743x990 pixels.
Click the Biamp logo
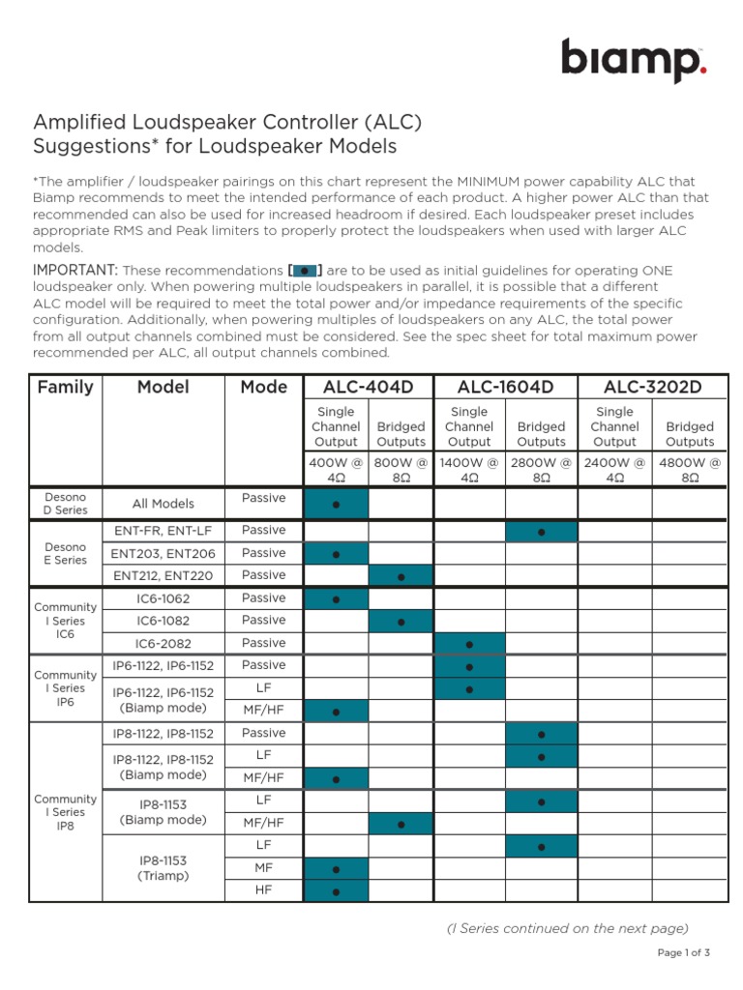[x=634, y=61]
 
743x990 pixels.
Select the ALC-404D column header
[x=368, y=387]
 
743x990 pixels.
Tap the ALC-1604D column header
[x=505, y=387]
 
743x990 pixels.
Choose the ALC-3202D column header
[x=652, y=387]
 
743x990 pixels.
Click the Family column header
[x=65, y=387]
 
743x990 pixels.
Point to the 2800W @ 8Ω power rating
[x=541, y=470]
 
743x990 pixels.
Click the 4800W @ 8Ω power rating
[x=690, y=470]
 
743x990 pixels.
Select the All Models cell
[x=163, y=504]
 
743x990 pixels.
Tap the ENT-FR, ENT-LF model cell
[x=163, y=531]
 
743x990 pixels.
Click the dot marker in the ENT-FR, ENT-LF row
[x=542, y=532]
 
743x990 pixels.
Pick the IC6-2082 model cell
[x=163, y=643]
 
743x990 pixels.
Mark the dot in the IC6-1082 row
[x=401, y=622]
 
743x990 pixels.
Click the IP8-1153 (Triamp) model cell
[x=163, y=867]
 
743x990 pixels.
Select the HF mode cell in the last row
[x=264, y=889]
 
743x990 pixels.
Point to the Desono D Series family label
[x=65, y=504]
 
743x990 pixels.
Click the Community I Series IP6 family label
[x=65, y=688]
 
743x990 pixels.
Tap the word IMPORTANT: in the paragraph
[x=75, y=270]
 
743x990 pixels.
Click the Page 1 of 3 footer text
[x=684, y=953]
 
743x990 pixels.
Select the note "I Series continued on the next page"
[x=567, y=928]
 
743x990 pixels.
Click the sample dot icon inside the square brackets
[x=305, y=271]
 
